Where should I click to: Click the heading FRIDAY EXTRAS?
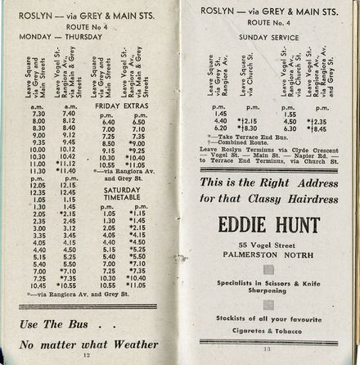pos(122,105)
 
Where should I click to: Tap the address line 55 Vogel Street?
pos(268,246)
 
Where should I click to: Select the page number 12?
pos(88,354)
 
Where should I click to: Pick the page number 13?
pos(267,349)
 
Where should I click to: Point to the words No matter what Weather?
pos(88,343)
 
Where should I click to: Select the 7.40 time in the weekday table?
pos(70,114)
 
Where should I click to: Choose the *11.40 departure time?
pos(69,170)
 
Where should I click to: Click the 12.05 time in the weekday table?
pos(38,185)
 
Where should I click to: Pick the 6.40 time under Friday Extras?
pos(108,121)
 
